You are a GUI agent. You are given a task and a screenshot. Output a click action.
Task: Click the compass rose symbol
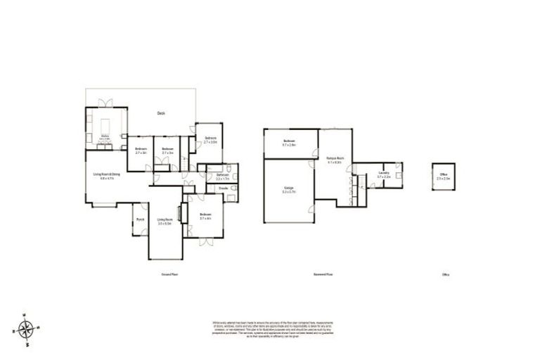click(26, 328)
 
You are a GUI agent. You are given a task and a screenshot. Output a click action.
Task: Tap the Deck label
click(161, 114)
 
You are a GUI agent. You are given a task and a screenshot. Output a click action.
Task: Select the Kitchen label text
click(105, 136)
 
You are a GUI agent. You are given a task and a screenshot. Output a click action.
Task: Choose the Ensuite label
click(221, 188)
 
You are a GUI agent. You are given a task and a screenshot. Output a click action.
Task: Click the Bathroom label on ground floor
click(222, 176)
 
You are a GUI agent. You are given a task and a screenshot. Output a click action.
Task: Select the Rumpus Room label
click(335, 160)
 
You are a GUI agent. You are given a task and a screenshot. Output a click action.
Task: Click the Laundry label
click(383, 174)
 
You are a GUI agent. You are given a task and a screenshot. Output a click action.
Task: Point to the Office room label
click(444, 175)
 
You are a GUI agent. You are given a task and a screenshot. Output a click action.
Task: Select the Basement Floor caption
click(323, 274)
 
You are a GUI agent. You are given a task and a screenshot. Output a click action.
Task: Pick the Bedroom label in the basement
click(289, 143)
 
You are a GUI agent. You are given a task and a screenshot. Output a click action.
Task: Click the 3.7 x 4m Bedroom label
click(205, 216)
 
